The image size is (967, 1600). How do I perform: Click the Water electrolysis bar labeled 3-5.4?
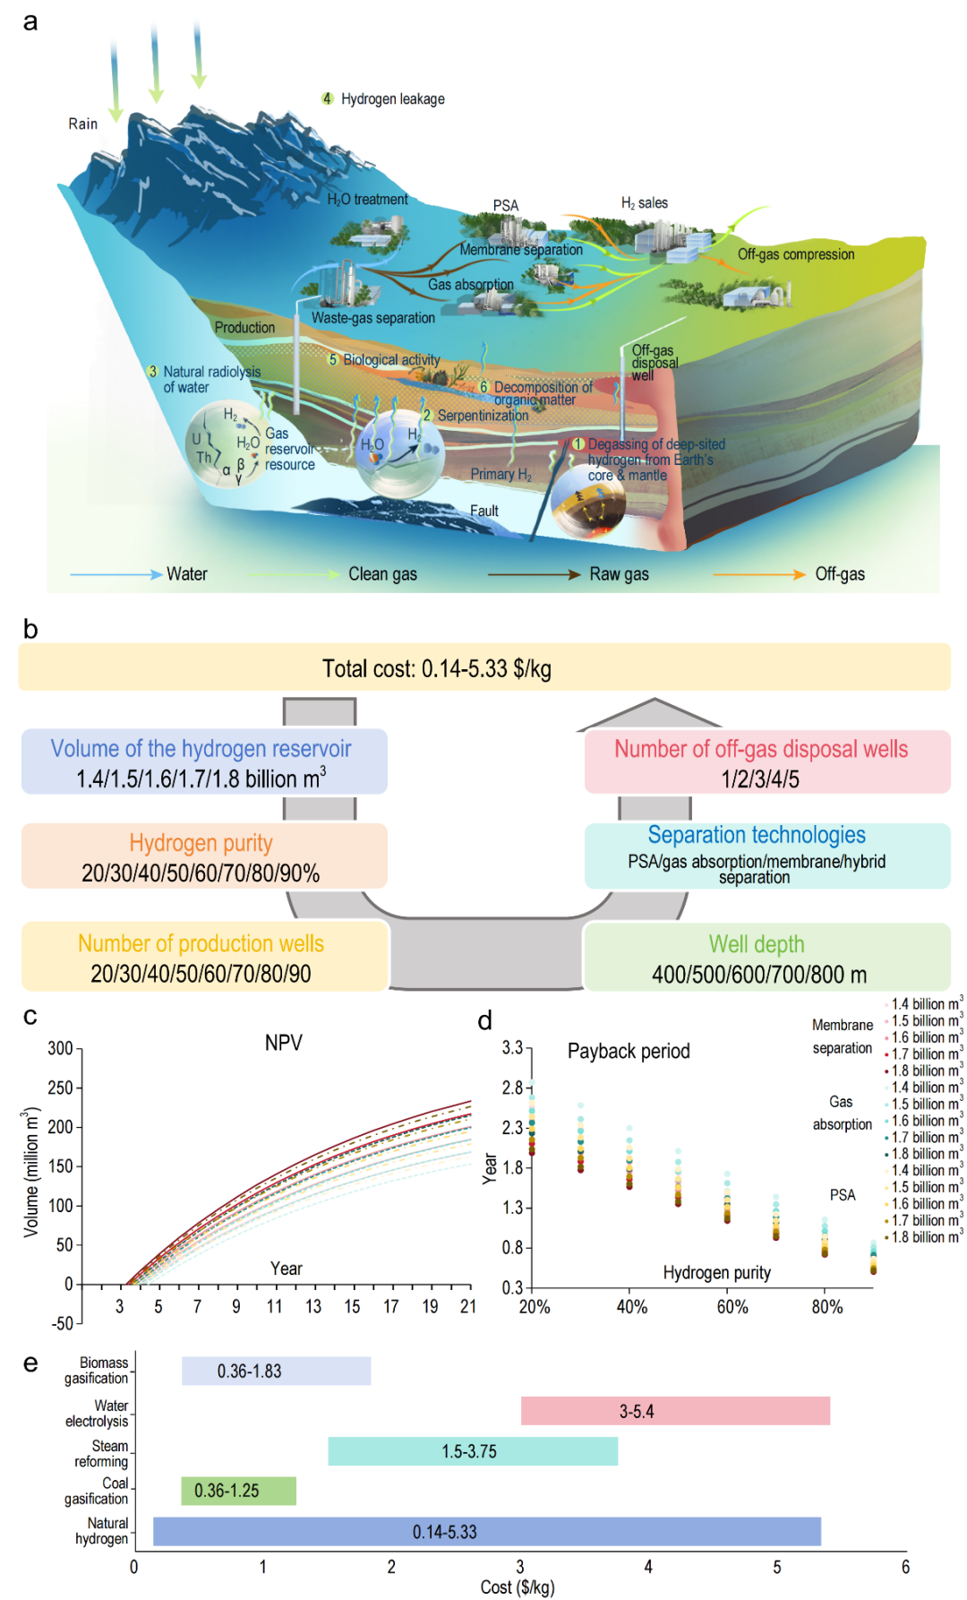(675, 1411)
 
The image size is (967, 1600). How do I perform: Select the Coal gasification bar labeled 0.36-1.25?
(238, 1491)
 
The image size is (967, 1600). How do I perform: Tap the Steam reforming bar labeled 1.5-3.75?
(473, 1451)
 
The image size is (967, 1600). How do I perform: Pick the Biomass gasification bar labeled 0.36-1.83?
(276, 1372)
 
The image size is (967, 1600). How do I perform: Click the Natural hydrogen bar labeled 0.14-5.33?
(486, 1532)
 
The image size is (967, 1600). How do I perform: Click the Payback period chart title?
(629, 1051)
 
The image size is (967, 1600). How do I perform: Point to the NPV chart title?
(284, 1043)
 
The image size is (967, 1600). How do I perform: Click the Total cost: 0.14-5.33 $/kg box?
(483, 667)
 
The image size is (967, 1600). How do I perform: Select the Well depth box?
(766, 958)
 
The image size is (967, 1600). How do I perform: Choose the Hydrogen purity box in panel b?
(204, 856)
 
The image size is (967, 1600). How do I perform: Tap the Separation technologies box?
(766, 856)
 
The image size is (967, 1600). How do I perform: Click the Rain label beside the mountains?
(83, 124)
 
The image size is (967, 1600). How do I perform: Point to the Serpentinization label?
(483, 416)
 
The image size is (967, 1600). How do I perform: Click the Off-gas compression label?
(796, 254)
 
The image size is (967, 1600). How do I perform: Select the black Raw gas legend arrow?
(534, 574)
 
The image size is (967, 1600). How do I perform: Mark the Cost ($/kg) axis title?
(518, 1587)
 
